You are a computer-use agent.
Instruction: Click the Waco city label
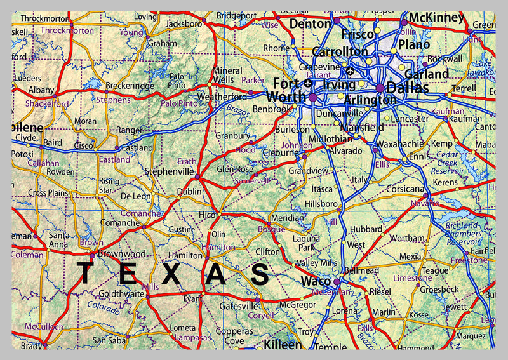(x=316, y=281)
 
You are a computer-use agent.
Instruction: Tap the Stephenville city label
(x=168, y=171)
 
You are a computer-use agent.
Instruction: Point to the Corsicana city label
(x=404, y=189)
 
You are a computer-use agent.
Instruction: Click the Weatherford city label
(x=222, y=97)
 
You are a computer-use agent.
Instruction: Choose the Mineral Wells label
(x=227, y=76)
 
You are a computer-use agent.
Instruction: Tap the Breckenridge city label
(x=130, y=85)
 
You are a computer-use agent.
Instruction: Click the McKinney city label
(x=436, y=18)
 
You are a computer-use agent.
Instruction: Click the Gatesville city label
(x=238, y=306)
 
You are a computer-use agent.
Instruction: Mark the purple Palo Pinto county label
(x=179, y=103)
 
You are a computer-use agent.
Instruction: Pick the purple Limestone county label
(x=413, y=278)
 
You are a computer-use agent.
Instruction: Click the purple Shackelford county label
(x=47, y=103)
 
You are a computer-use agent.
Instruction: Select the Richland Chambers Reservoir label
(x=463, y=233)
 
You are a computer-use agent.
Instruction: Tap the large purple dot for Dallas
(x=380, y=88)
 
